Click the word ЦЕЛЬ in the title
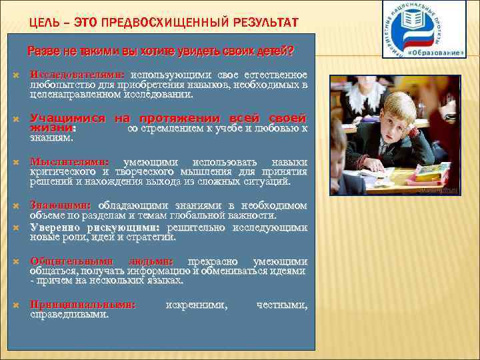pos(44,23)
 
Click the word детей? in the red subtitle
pos(277,51)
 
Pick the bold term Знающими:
pos(61,205)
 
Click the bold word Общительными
pos(73,261)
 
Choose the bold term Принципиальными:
pos(83,305)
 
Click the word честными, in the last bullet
pos(282,305)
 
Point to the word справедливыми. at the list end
pos(69,314)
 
